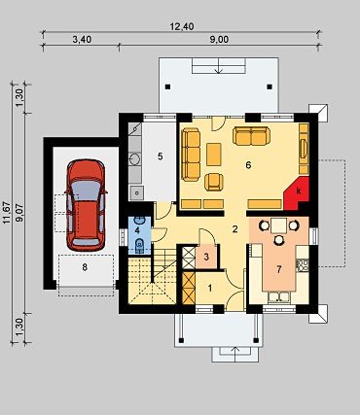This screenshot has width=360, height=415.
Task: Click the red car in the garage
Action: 86,205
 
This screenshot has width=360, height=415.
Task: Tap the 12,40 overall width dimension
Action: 182,26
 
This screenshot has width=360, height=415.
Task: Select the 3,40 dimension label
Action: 82,40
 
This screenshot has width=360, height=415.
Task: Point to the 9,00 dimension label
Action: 219,40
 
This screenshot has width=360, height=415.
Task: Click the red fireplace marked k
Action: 297,193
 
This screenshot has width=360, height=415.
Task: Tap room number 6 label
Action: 248,165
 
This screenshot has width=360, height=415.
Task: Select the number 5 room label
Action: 160,156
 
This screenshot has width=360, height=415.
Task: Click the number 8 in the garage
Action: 85,267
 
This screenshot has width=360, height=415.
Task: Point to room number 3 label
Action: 206,258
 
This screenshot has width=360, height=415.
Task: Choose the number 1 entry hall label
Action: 210,288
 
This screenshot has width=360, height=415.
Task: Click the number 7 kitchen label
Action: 279,269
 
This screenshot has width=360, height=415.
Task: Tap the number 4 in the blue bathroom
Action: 137,230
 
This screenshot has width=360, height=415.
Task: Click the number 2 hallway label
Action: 234,229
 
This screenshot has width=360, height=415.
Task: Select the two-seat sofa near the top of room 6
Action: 251,136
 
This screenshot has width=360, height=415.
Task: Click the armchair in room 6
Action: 214,182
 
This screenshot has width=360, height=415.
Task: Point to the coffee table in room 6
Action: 214,155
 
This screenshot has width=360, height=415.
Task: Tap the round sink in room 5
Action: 134,158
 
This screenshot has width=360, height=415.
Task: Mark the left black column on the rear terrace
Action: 167,86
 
